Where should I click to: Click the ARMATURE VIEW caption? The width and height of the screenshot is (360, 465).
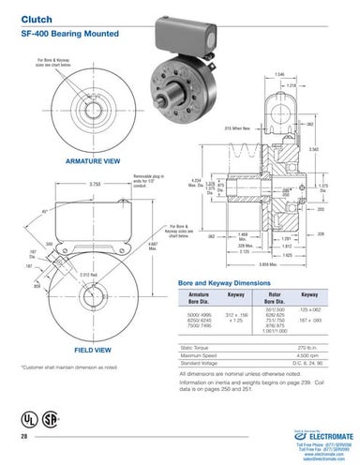point(92,161)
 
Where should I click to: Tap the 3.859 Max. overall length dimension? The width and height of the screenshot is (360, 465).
point(268,267)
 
